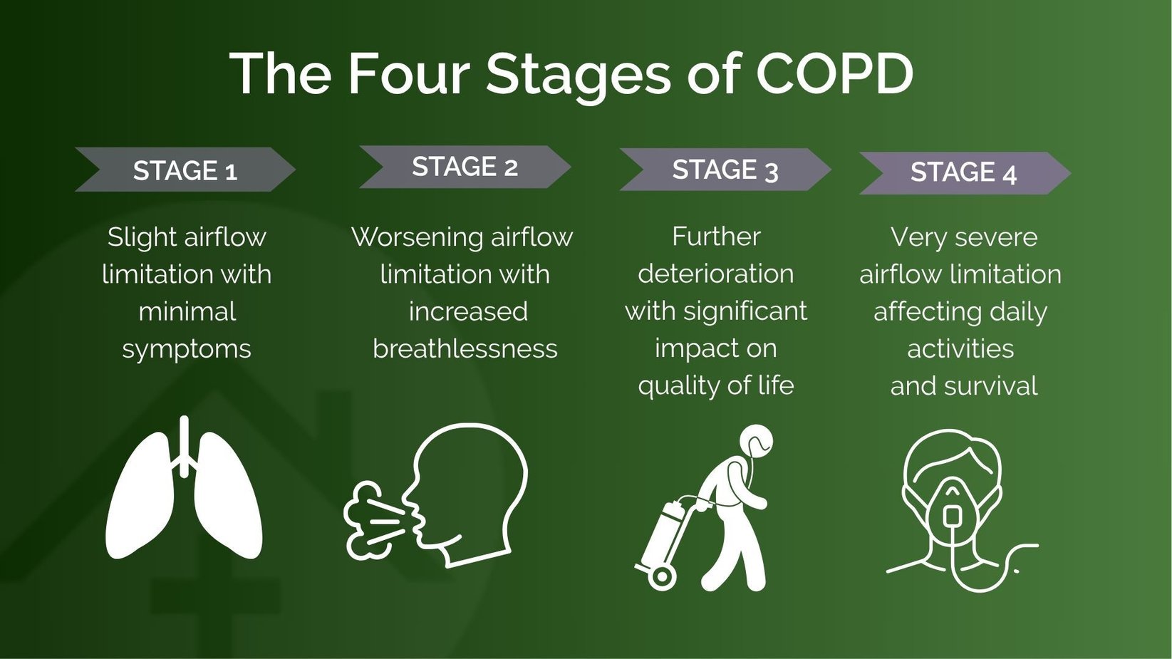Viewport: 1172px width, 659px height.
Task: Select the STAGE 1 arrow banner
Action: (x=185, y=170)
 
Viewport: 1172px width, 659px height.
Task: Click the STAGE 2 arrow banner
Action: (x=465, y=167)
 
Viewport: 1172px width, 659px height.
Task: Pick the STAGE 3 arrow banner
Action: (x=725, y=170)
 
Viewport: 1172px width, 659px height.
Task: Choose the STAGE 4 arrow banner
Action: (x=963, y=172)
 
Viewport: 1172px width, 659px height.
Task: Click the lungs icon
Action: (x=184, y=492)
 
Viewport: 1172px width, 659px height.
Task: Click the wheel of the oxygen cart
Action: (x=661, y=577)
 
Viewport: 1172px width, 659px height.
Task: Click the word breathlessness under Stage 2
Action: (x=465, y=348)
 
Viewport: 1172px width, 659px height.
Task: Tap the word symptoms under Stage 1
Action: (x=187, y=349)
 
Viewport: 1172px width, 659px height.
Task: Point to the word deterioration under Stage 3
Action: (x=715, y=274)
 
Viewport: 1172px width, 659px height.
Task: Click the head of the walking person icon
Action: (x=756, y=442)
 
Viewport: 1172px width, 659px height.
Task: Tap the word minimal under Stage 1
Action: (x=187, y=311)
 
